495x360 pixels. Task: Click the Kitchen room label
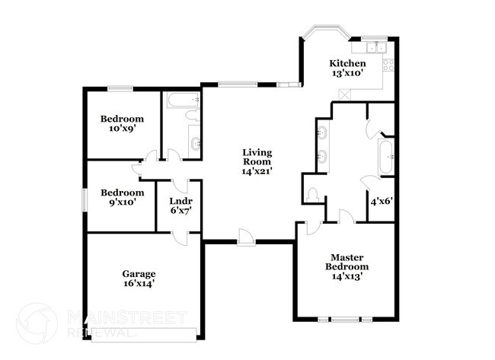click(346, 63)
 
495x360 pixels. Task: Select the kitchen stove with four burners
click(388, 64)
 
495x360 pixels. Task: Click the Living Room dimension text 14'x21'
click(257, 172)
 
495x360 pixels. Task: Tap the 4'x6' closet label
click(380, 202)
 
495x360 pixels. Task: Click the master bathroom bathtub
click(385, 157)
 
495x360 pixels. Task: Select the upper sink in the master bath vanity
click(321, 134)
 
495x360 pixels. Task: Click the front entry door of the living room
click(245, 238)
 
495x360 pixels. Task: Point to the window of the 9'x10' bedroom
click(85, 197)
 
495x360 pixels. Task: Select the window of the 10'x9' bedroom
click(120, 88)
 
